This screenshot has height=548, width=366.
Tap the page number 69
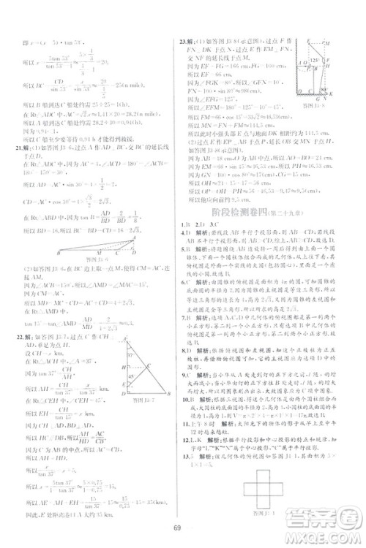click(182, 529)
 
